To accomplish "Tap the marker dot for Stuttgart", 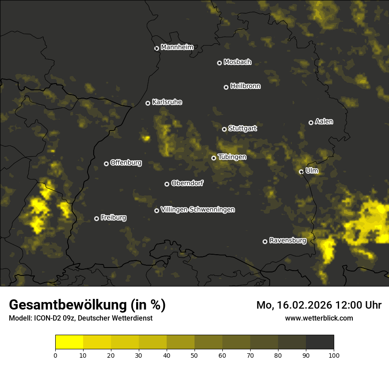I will (x=224, y=129).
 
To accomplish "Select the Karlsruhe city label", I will (x=167, y=102).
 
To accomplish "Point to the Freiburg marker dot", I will (x=96, y=218).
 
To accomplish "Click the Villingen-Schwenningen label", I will (x=198, y=210).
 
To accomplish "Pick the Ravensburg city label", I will (x=287, y=241).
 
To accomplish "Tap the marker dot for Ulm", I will (x=301, y=172).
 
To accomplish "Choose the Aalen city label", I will (x=324, y=122).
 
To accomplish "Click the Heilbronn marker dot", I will (x=226, y=87).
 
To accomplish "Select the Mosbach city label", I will (x=237, y=62).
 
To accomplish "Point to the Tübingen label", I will (x=232, y=157).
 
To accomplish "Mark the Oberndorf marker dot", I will (x=167, y=184).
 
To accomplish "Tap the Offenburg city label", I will (x=126, y=163).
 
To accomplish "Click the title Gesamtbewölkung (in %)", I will (x=87, y=305).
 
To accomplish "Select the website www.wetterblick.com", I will (x=319, y=318).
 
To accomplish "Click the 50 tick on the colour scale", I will (x=194, y=355).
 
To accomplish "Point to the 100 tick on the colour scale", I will (x=334, y=355).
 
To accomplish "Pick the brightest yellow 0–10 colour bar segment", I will (x=69, y=342).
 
